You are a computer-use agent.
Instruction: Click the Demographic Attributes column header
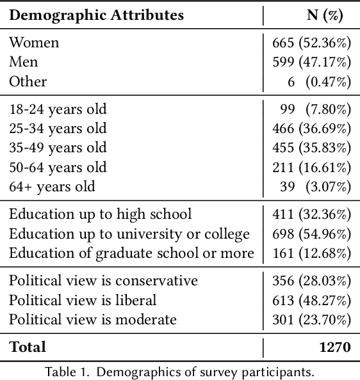click(96, 15)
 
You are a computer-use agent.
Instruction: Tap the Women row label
click(34, 43)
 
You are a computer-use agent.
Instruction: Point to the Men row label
click(23, 62)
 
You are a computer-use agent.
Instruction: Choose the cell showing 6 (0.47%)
click(318, 82)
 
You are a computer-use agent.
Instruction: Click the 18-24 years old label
click(58, 109)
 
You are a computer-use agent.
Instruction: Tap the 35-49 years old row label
click(58, 148)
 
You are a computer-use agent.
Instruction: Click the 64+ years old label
click(52, 187)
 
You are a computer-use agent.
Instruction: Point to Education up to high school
click(101, 214)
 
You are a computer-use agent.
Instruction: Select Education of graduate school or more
click(131, 253)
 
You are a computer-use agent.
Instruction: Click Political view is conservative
click(103, 281)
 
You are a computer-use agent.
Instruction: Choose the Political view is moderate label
click(92, 319)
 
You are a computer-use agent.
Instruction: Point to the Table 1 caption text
click(180, 371)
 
